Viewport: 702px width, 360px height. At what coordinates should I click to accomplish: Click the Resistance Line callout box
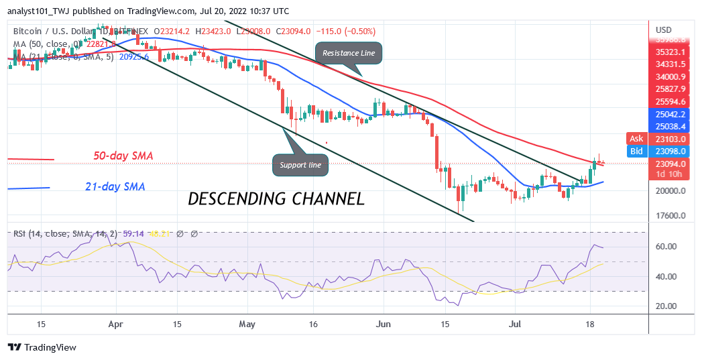pyautogui.click(x=348, y=52)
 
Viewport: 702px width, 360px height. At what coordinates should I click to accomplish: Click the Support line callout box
pyautogui.click(x=301, y=165)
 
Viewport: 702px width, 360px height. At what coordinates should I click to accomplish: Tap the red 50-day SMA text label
pyautogui.click(x=123, y=156)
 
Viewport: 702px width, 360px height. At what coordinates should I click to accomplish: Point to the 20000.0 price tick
pyautogui.click(x=670, y=190)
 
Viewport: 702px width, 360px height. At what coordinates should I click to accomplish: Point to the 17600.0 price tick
pyautogui.click(x=670, y=216)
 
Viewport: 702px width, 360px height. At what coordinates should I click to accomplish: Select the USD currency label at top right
pyautogui.click(x=663, y=30)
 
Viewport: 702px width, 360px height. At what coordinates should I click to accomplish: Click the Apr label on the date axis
pyautogui.click(x=117, y=324)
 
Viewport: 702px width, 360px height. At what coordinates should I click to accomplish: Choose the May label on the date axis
pyautogui.click(x=248, y=324)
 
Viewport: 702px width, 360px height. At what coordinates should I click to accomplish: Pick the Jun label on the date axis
pyautogui.click(x=383, y=324)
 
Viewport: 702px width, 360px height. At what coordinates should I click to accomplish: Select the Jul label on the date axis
pyautogui.click(x=515, y=324)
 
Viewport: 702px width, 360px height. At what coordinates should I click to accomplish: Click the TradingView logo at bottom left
pyautogui.click(x=42, y=348)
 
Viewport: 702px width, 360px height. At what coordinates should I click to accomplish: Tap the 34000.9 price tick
pyautogui.click(x=670, y=76)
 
